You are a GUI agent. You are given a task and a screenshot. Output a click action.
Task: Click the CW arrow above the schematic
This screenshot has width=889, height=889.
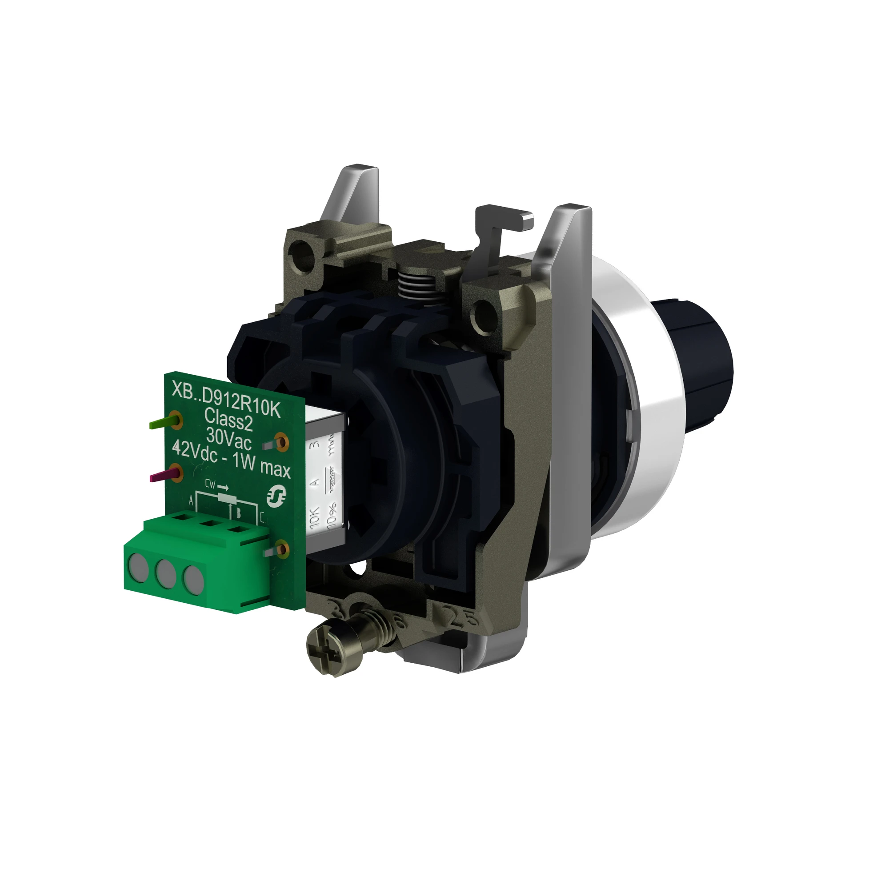click(216, 485)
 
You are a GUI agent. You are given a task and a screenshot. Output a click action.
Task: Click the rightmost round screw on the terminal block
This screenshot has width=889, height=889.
click(194, 577)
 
